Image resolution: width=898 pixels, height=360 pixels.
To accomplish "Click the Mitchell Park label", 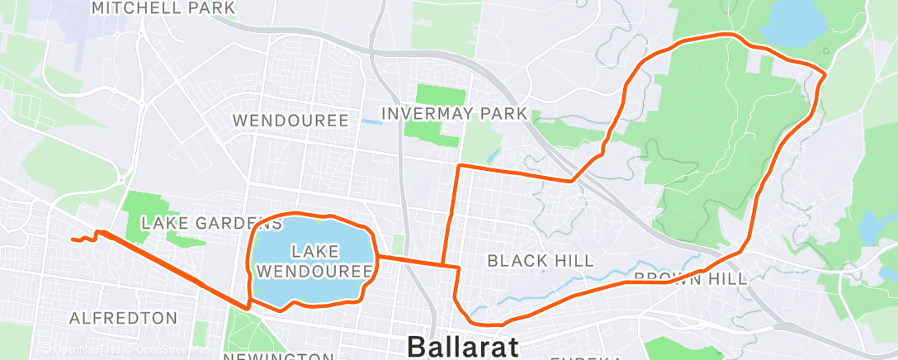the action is point(163,8).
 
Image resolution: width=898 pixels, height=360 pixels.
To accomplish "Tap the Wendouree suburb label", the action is point(291,121).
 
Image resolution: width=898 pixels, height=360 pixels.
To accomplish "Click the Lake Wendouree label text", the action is point(314,259).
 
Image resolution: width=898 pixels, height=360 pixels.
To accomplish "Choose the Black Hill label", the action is point(540,261).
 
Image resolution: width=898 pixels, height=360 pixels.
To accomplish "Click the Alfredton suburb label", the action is point(124,318).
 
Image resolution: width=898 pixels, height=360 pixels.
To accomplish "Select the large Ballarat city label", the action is point(462,345).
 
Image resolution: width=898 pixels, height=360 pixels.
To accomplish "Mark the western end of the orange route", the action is point(73,239).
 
